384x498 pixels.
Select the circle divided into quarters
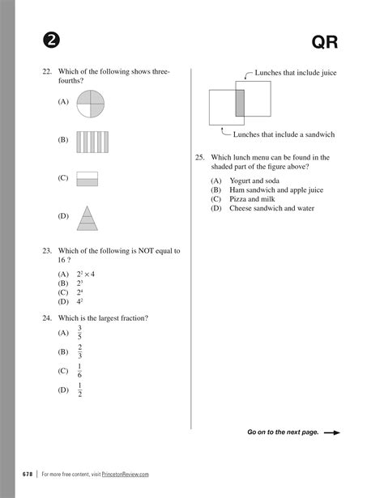click(x=90, y=104)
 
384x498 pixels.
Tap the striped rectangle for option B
click(x=92, y=142)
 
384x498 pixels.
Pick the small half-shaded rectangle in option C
click(x=86, y=179)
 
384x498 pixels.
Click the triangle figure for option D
click(x=87, y=217)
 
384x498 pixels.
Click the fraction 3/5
click(x=80, y=333)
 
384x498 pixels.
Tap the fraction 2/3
click(x=80, y=352)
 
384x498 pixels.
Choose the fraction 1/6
click(x=80, y=372)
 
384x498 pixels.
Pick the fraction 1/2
click(x=80, y=390)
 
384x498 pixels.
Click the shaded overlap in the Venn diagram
click(x=240, y=104)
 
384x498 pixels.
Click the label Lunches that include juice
click(x=295, y=73)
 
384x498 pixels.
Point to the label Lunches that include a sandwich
click(x=284, y=134)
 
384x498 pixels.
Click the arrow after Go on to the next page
click(x=332, y=432)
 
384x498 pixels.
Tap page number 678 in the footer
click(x=28, y=474)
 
